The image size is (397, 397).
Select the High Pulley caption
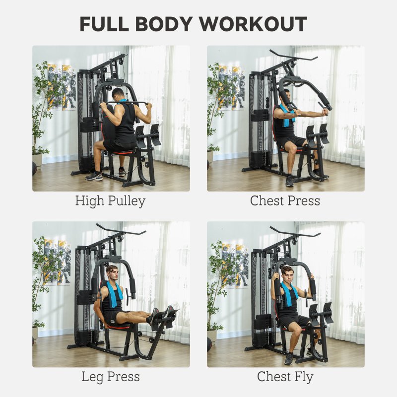point(110,201)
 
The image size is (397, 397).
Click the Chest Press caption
point(285,201)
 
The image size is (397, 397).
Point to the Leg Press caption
point(110,377)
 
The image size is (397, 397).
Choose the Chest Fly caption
point(285,377)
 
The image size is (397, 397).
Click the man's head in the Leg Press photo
point(113,272)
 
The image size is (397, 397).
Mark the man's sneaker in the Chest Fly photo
point(289,358)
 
